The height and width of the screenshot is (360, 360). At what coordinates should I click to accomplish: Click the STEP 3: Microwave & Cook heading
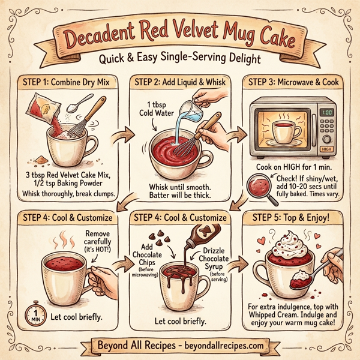pyautogui.click(x=293, y=83)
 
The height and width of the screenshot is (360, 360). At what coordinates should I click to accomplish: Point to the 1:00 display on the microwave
pyautogui.click(x=328, y=112)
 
